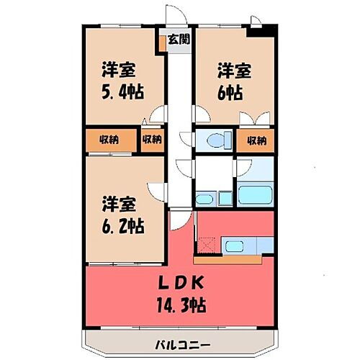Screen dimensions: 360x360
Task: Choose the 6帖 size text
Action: click(x=231, y=93)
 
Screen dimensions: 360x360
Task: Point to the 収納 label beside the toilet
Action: click(x=256, y=140)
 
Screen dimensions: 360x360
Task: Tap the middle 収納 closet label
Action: click(x=152, y=140)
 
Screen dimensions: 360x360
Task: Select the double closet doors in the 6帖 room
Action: click(x=256, y=120)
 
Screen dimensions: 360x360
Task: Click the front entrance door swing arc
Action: click(x=174, y=17)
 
